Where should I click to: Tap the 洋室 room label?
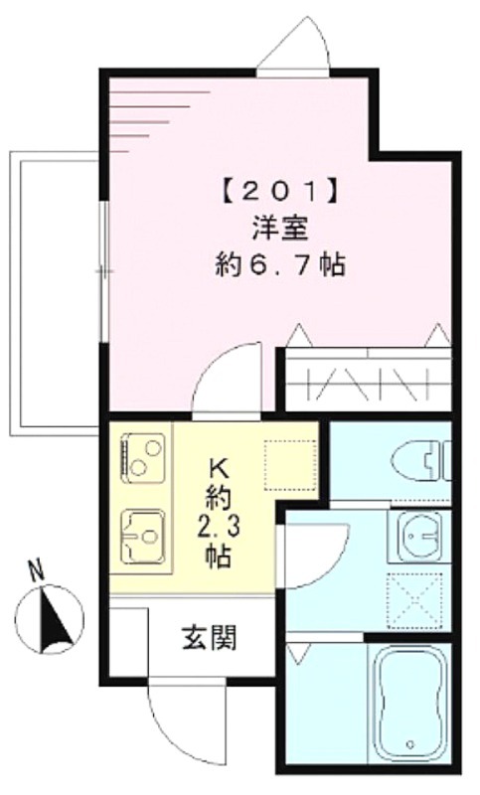[x=280, y=229]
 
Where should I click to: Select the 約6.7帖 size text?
[x=280, y=264]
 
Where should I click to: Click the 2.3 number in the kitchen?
[x=220, y=528]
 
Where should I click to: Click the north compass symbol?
[x=49, y=619]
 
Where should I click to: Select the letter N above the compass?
[x=36, y=572]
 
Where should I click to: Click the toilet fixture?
[x=421, y=461]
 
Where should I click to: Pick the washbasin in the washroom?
[x=418, y=536]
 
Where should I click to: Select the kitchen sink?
[x=142, y=535]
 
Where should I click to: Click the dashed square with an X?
[x=414, y=601]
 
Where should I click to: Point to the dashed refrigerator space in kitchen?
[x=290, y=465]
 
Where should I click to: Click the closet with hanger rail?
[x=368, y=380]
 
